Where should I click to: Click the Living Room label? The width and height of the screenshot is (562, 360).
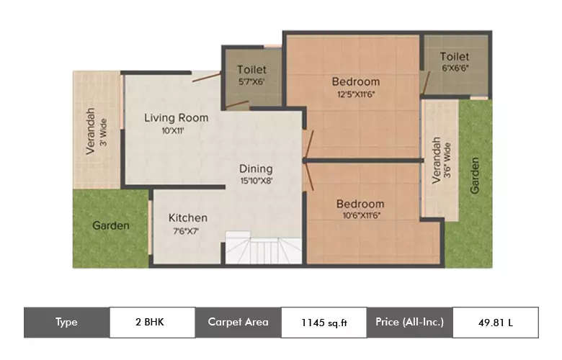click(176, 117)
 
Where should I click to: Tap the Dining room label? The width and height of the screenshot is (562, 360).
click(257, 169)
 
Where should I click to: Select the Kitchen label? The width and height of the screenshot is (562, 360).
click(187, 217)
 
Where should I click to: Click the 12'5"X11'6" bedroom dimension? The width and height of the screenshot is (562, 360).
click(355, 94)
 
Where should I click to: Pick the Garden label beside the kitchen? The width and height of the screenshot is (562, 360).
click(111, 225)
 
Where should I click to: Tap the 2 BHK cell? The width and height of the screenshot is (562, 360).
click(151, 322)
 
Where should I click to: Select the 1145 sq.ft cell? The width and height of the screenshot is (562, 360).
click(324, 323)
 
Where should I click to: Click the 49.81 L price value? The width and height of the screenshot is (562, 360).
click(495, 323)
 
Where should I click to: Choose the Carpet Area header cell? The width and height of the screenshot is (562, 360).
click(238, 322)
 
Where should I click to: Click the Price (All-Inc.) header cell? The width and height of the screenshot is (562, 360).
click(409, 322)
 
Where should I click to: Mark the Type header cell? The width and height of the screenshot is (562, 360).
click(66, 322)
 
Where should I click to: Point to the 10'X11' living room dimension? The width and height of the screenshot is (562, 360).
click(174, 130)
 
